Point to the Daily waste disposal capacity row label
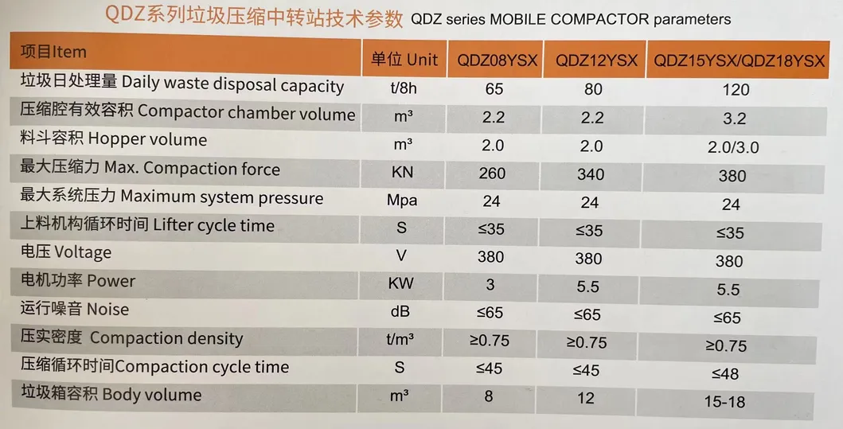[x=182, y=84]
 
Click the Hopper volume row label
[x=113, y=140]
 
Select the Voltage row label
[x=65, y=253]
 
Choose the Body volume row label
[x=111, y=395]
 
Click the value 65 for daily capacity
[x=494, y=89]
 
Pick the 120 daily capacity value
[x=736, y=90]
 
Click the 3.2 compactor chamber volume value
[x=735, y=119]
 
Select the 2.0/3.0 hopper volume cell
[x=734, y=147]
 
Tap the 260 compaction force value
[x=494, y=174]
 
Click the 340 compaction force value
[x=589, y=174]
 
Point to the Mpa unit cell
[x=402, y=201]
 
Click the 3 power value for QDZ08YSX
[x=490, y=284]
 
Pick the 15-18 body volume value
[x=724, y=402]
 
